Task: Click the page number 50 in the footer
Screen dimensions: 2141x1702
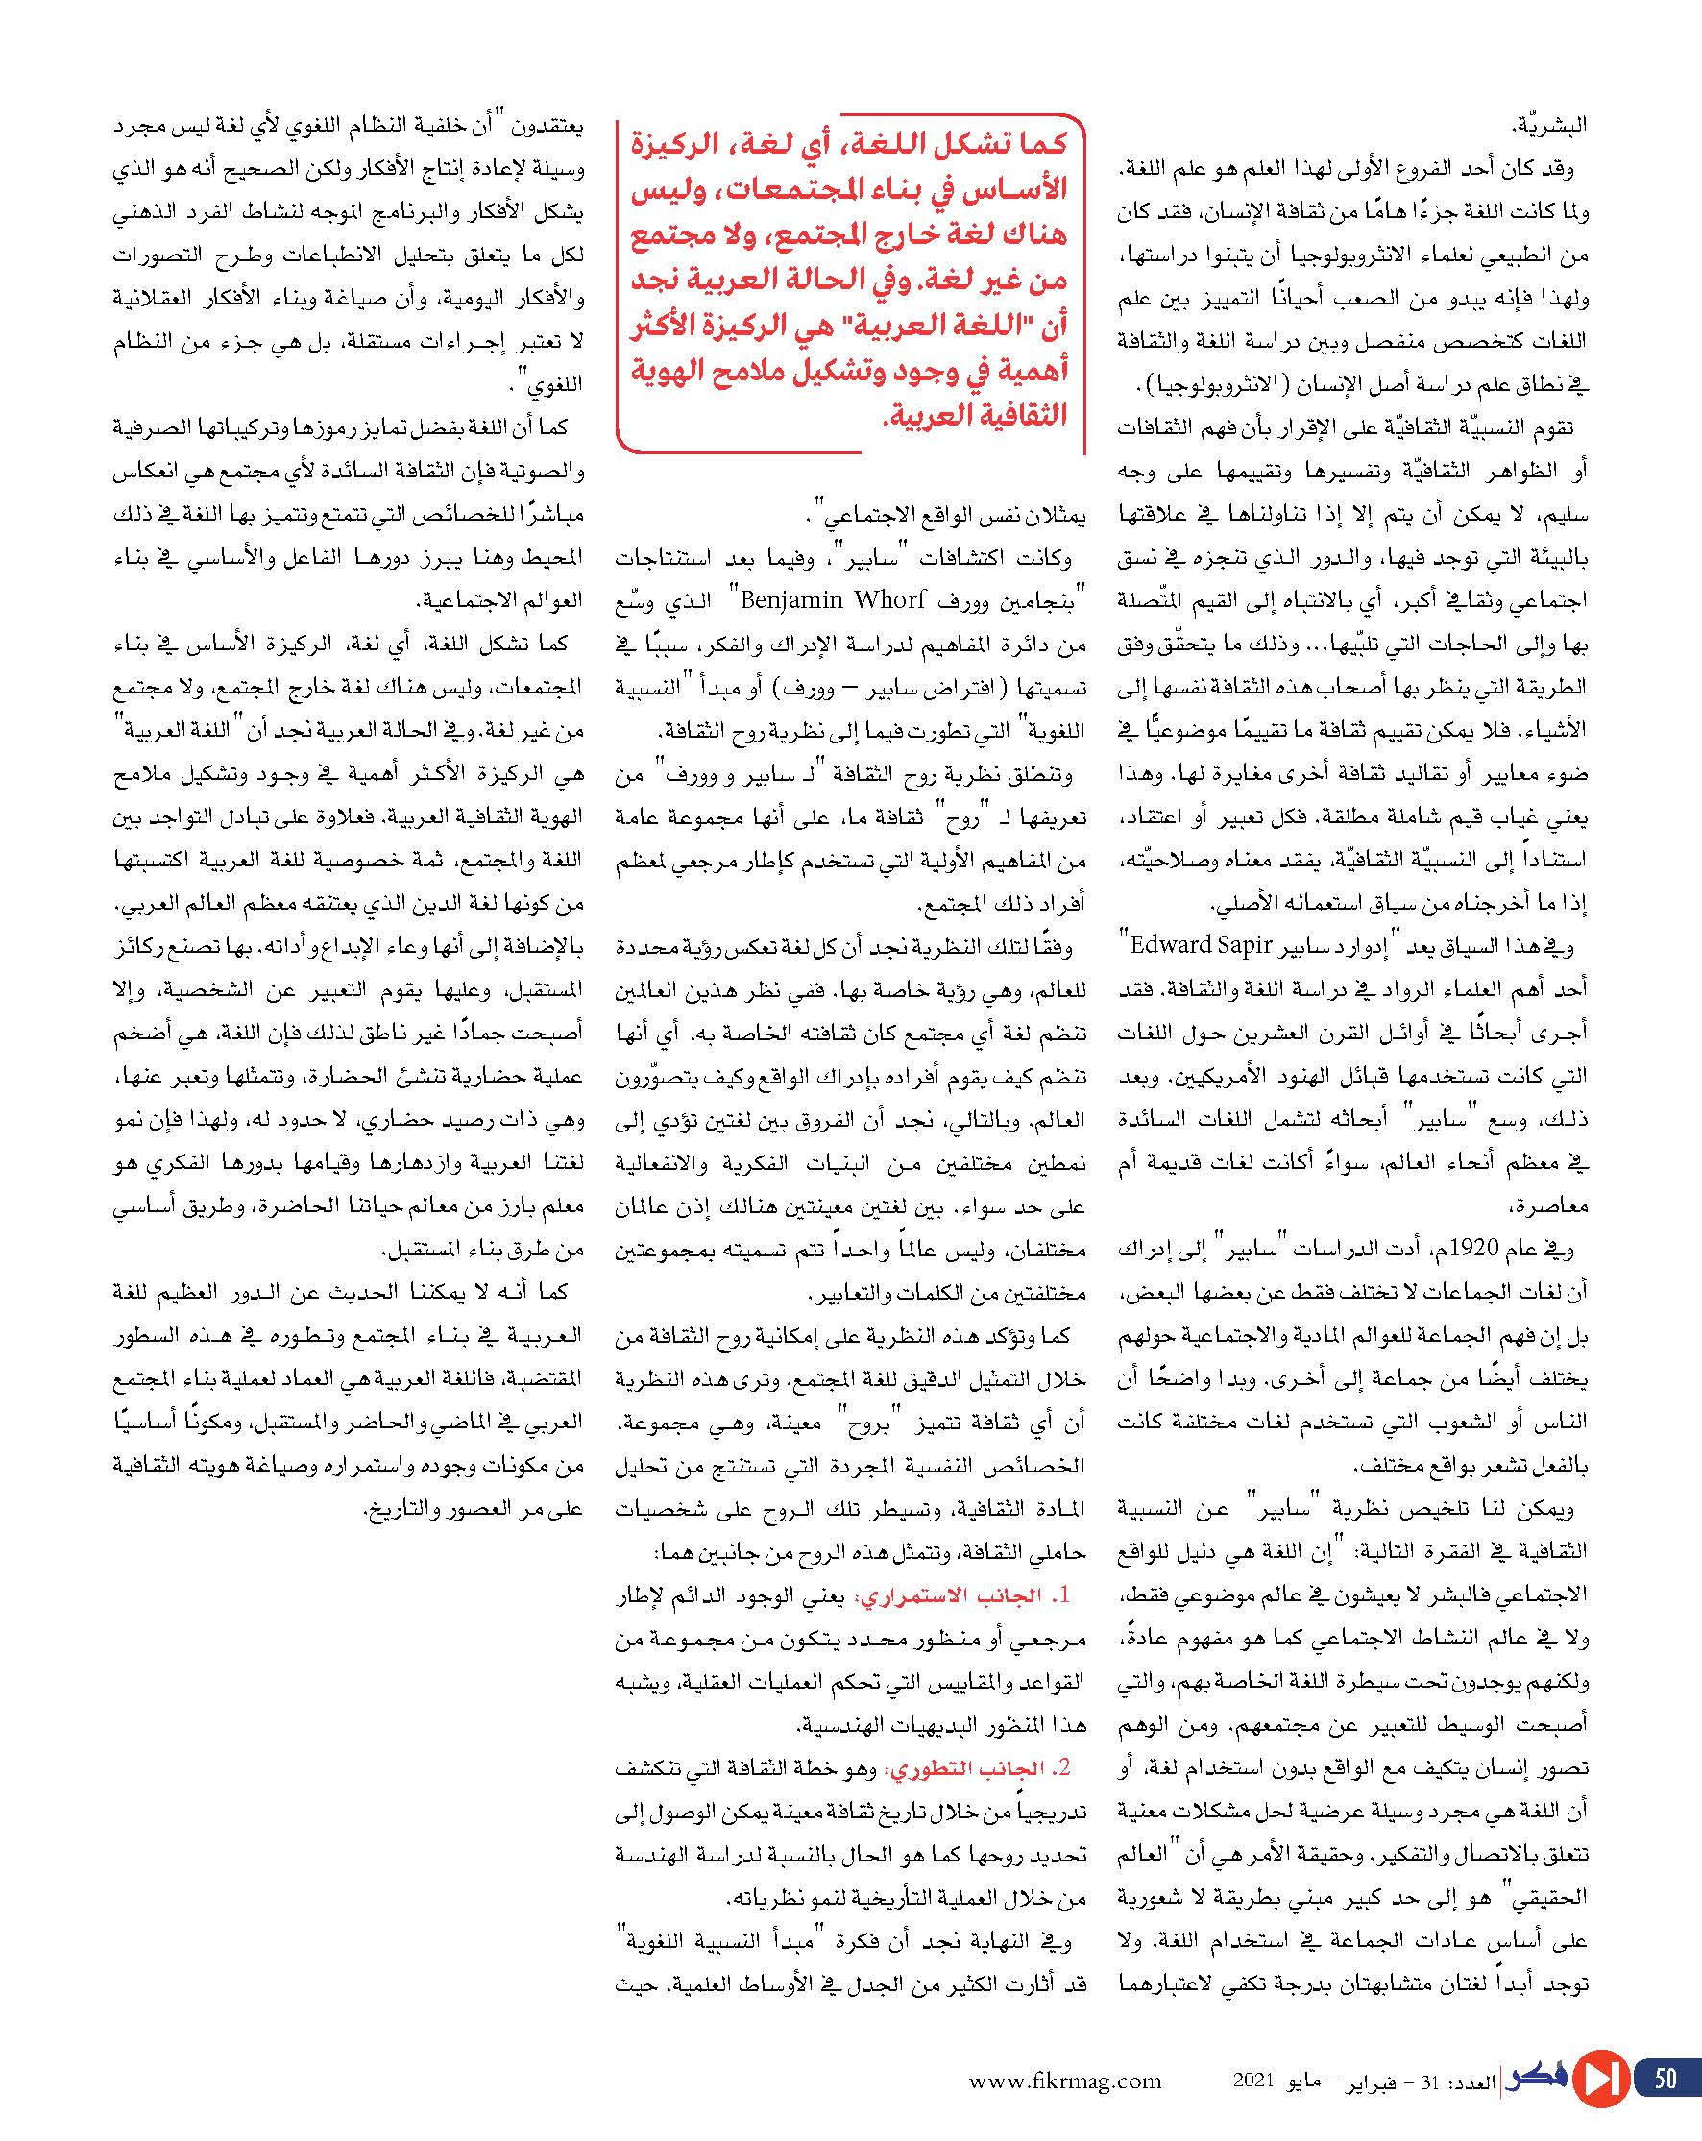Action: pos(1666,2078)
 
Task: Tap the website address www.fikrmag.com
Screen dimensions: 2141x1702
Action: pos(1065,2080)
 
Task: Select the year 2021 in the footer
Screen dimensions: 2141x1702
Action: pos(1252,2080)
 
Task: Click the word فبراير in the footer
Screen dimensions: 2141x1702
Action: pos(1375,2080)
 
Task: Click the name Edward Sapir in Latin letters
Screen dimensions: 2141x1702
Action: pos(1195,944)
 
